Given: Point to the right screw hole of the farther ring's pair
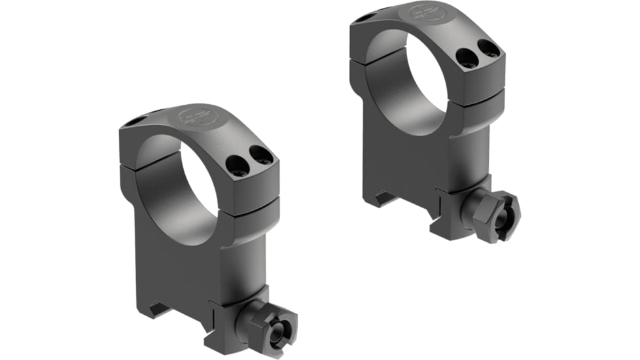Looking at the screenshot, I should point(488,48).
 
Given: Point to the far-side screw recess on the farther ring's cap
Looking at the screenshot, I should point(364,18).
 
